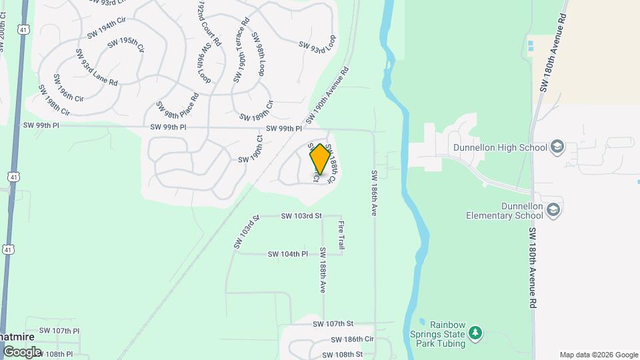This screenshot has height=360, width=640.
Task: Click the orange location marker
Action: coord(320,159)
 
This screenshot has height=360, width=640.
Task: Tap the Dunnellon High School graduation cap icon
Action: coord(557,147)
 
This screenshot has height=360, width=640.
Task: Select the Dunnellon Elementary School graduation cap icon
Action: coord(553,211)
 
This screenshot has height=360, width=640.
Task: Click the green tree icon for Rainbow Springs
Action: coord(475,331)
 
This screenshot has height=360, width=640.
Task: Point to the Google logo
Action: coord(22,351)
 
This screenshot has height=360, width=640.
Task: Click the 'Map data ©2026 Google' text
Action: coord(598,355)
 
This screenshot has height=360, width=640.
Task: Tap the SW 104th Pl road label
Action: coord(287,254)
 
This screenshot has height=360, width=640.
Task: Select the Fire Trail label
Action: coord(341,235)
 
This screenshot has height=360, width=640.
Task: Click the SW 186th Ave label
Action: coord(374,193)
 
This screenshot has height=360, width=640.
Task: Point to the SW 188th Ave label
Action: coord(322,271)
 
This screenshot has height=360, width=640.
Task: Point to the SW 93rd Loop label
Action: coord(317,44)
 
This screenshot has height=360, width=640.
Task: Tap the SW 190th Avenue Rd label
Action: coord(327,95)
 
